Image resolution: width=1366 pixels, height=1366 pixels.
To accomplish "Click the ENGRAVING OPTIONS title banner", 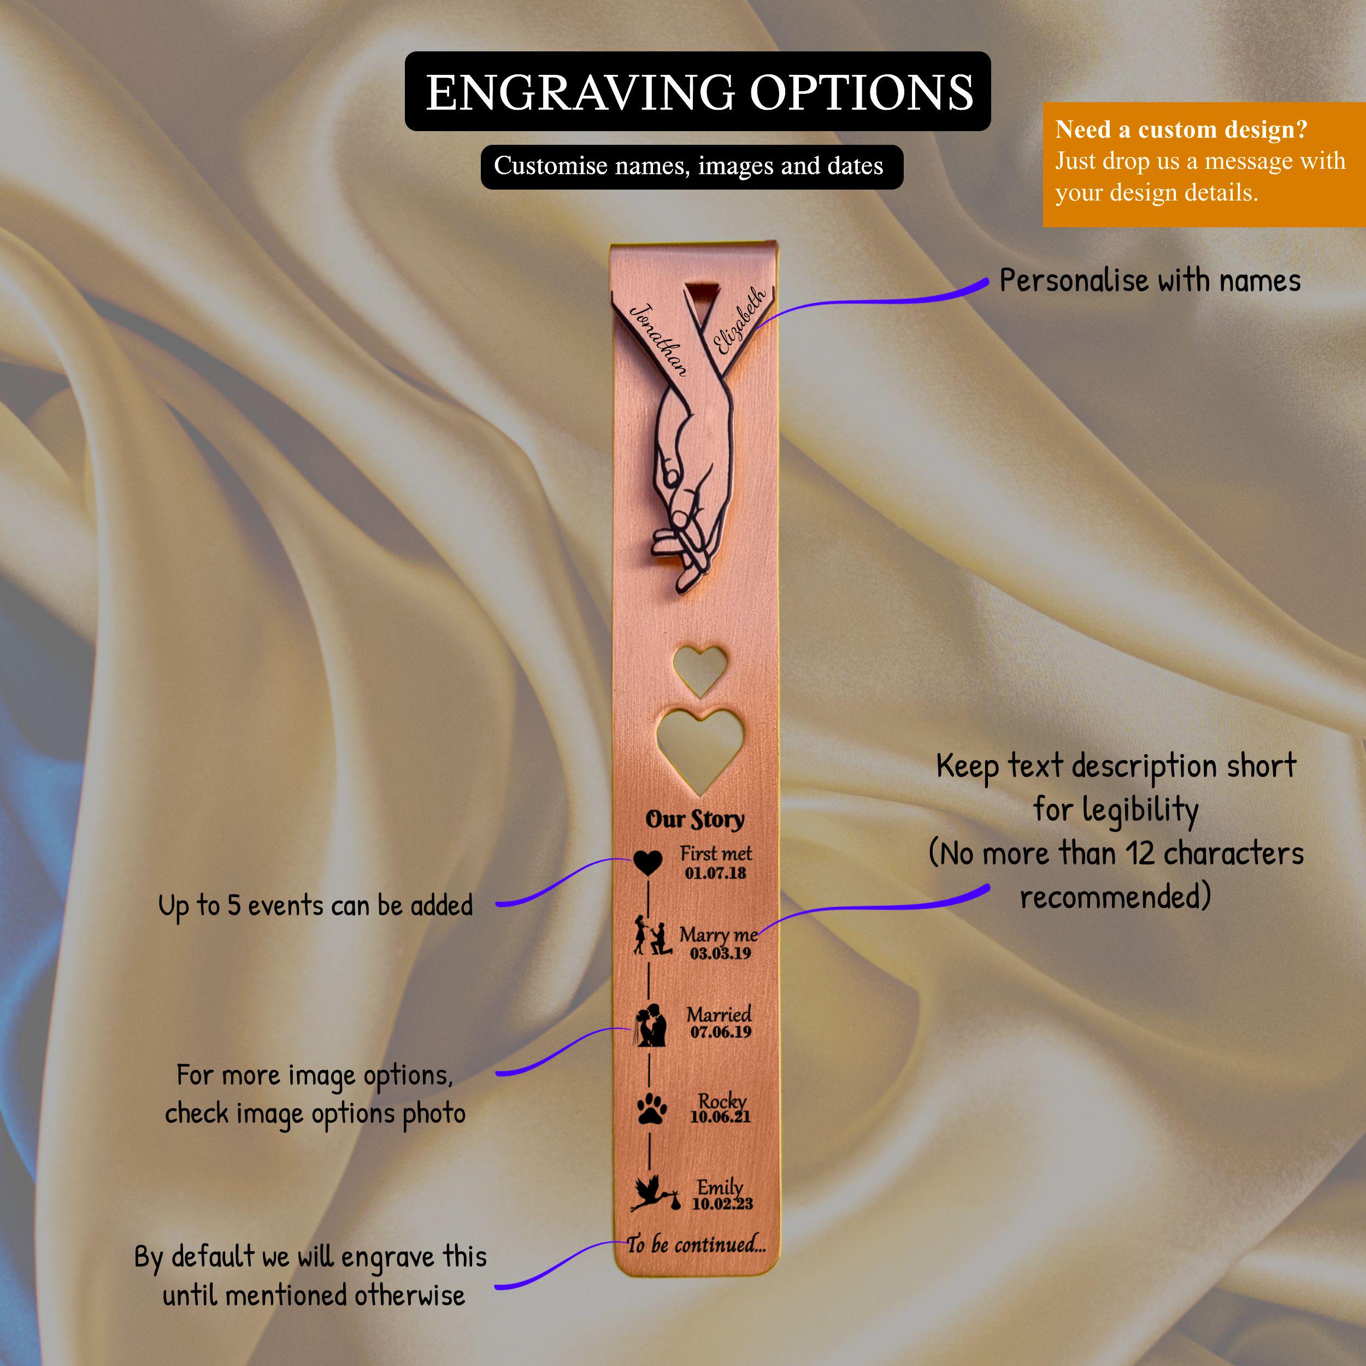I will [x=697, y=91].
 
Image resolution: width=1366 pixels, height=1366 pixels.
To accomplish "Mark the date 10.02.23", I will [x=722, y=1203].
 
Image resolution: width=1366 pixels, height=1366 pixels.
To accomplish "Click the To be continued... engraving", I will [x=697, y=1244].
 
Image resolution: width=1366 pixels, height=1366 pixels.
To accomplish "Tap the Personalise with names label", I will [x=1150, y=281].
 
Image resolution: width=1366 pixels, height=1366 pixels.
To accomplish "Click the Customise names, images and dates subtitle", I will [x=688, y=166].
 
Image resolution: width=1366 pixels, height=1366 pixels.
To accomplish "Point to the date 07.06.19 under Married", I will [x=721, y=1032].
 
